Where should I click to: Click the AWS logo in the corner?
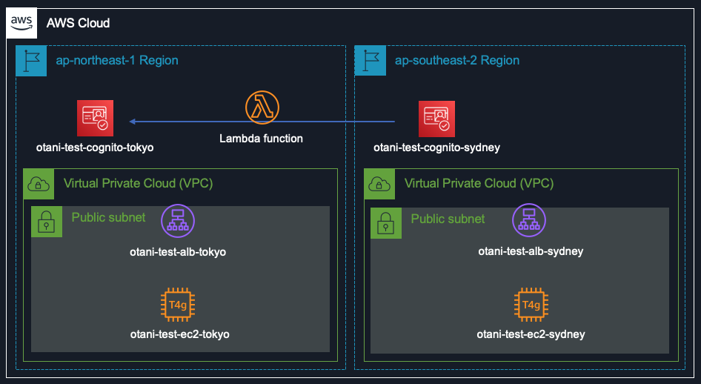tap(22, 23)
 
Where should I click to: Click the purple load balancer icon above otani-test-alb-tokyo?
tap(177, 221)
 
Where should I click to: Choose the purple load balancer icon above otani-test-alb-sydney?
tap(529, 220)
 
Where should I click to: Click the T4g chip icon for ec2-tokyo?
tap(177, 305)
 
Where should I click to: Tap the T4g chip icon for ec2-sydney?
tap(531, 305)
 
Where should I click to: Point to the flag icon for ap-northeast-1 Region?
tap(30, 61)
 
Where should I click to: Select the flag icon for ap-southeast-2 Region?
tap(370, 61)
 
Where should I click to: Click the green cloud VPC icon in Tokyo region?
tap(39, 184)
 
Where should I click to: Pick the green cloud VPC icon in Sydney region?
tap(379, 184)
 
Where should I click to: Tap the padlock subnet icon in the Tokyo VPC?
tap(46, 222)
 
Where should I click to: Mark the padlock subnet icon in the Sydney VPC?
tap(386, 222)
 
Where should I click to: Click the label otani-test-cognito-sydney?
tap(436, 148)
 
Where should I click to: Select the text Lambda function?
tap(261, 139)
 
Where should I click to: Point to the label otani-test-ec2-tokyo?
tap(179, 334)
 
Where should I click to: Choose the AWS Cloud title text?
tap(78, 23)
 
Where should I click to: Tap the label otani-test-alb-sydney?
tap(531, 251)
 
